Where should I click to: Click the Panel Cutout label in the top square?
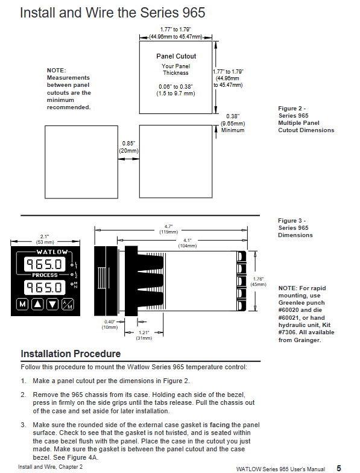tap(176, 56)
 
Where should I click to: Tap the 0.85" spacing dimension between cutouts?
tap(129, 147)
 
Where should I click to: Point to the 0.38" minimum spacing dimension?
tap(233, 123)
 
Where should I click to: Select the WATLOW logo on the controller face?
tap(52, 252)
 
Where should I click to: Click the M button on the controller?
tap(22, 304)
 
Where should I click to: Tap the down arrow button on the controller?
tap(52, 304)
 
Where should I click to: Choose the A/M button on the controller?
tap(68, 304)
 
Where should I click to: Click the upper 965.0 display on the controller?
tap(45, 264)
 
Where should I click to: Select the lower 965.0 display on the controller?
tap(45, 287)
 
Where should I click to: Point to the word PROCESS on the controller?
tap(45, 275)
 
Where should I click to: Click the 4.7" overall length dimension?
tap(169, 229)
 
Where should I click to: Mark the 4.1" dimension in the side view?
tap(187, 243)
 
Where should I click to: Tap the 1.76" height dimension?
tap(258, 282)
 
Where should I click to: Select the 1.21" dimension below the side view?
tap(144, 335)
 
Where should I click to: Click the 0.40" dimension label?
tap(110, 325)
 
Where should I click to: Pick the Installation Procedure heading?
tap(71, 354)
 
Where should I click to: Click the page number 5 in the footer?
tap(339, 468)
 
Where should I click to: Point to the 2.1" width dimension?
tap(45, 240)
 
